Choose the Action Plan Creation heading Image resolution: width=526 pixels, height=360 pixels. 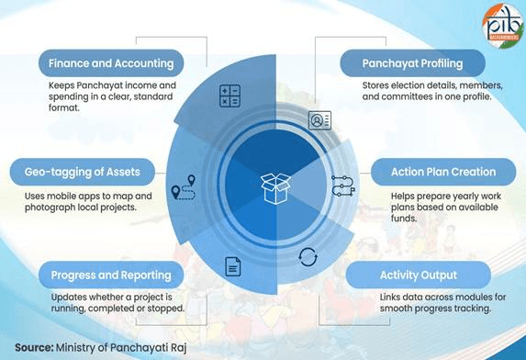click(442, 171)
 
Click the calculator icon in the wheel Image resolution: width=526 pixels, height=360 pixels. click(229, 96)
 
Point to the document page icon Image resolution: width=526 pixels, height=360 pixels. click(233, 267)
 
